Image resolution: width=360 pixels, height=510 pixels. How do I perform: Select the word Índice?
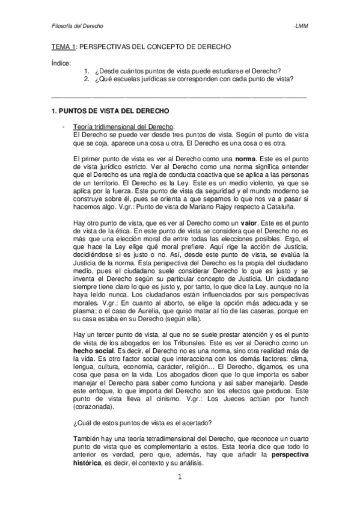point(60,63)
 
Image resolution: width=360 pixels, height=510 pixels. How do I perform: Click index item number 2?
point(87,78)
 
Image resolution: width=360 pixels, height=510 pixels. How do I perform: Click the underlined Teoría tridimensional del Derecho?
point(123,127)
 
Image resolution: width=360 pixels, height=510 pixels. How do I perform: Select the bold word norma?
point(233,158)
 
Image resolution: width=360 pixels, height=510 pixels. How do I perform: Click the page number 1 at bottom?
point(180,478)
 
